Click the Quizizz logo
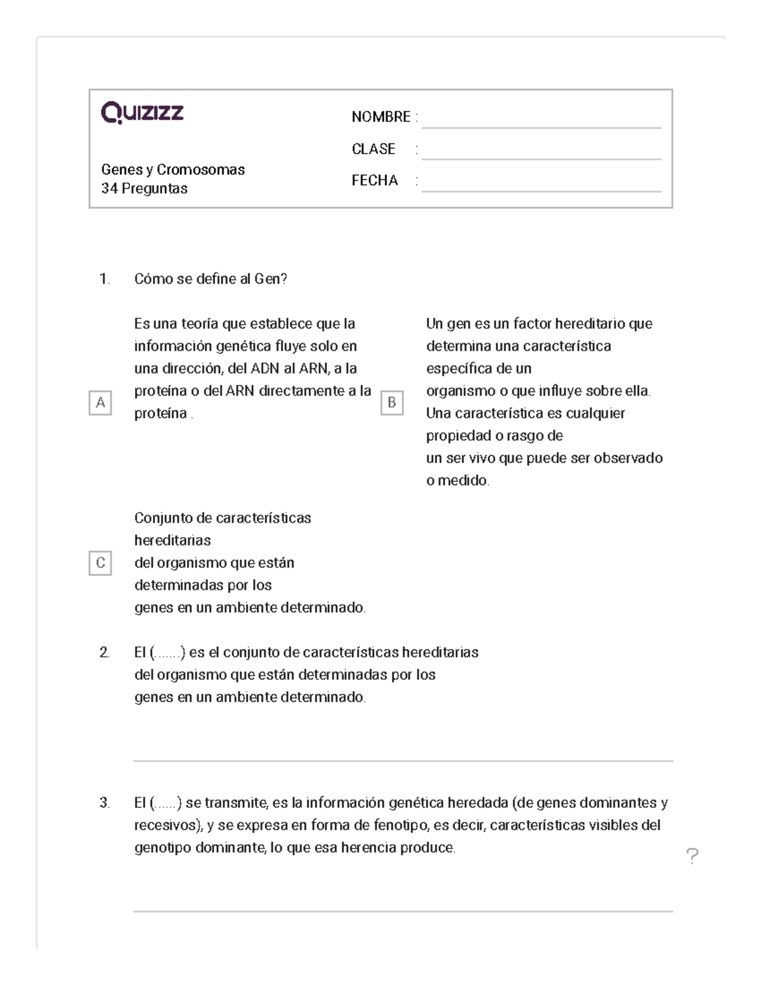143,113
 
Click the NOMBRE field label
380,117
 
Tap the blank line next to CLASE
541,158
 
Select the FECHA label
375,181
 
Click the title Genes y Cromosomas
173,169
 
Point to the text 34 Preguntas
144,188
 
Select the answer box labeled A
100,403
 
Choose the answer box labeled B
392,403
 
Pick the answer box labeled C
100,563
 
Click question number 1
105,279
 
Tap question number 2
105,653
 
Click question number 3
105,803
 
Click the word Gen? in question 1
271,279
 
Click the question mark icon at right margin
693,856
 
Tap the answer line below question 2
403,760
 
